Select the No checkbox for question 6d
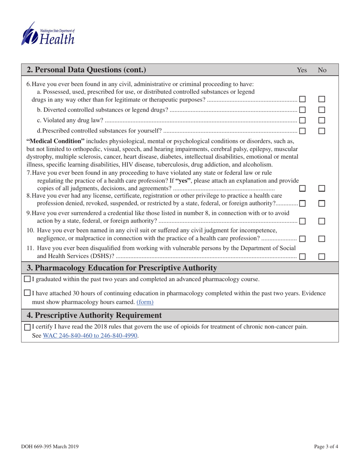(x=322, y=131)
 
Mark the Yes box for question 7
(x=302, y=188)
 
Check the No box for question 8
(x=322, y=204)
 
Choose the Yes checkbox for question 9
(x=302, y=221)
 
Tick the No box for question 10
(x=322, y=238)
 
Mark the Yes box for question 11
(x=302, y=256)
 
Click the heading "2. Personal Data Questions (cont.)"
(x=86, y=70)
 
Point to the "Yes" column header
(x=302, y=70)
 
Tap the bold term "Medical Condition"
(x=56, y=142)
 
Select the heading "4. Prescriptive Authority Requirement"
(x=94, y=315)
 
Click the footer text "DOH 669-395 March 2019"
(x=50, y=447)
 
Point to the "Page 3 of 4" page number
(x=326, y=447)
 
